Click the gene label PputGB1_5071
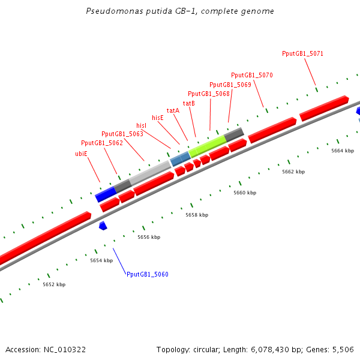(x=303, y=53)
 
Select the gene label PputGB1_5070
(x=252, y=75)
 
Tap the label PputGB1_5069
(x=230, y=85)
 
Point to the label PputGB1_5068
(x=209, y=94)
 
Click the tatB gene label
(x=189, y=103)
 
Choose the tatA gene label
(x=173, y=110)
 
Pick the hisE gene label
(x=158, y=118)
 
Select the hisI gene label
(x=142, y=125)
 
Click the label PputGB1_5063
(x=122, y=134)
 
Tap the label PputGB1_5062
(x=102, y=143)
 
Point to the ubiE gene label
(x=81, y=154)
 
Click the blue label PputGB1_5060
(x=148, y=274)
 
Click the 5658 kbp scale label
(x=197, y=215)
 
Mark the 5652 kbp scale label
(x=54, y=284)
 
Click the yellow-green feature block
(x=207, y=146)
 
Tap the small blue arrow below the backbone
(x=103, y=226)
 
